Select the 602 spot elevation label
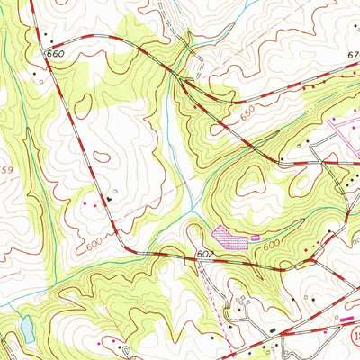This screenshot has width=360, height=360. pos(206,256)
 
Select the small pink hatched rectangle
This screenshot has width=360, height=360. pos(256,237)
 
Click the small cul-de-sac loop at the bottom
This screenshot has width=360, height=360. pos(125,349)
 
